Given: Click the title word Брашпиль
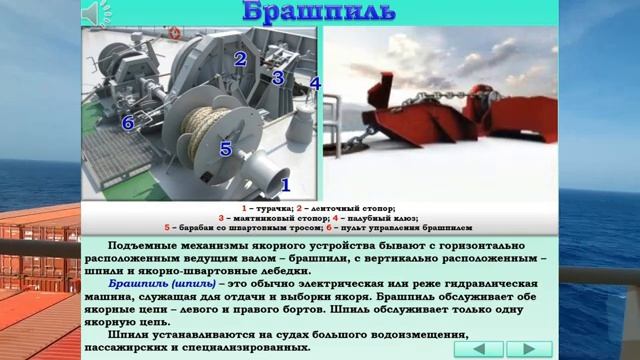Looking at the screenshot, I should (319, 13).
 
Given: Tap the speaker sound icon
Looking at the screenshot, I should (93, 13).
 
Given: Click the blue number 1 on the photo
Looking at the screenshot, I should (284, 184).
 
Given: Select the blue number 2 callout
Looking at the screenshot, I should (240, 58).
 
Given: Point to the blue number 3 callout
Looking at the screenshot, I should (279, 77).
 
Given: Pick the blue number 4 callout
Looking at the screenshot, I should (315, 83).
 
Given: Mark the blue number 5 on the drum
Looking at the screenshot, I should (225, 149).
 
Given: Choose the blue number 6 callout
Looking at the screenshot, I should (127, 123).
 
